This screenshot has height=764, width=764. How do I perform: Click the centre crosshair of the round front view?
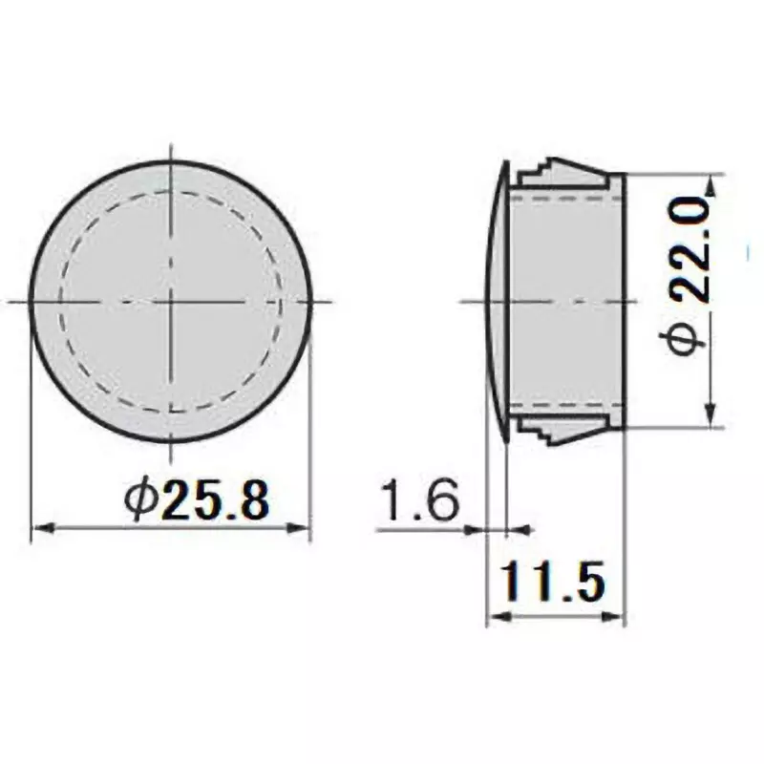[x=171, y=301]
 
